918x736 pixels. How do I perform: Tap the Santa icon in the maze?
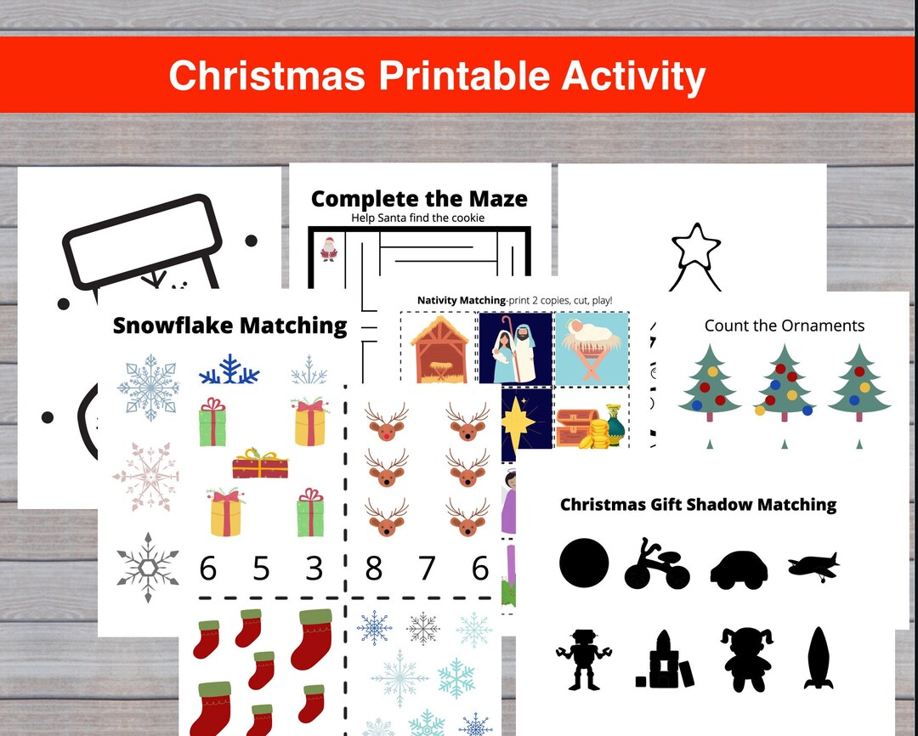pyautogui.click(x=328, y=248)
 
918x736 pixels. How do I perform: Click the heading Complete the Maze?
pyautogui.click(x=419, y=199)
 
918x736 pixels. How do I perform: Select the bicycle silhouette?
pyautogui.click(x=656, y=563)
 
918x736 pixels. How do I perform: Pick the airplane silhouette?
pyautogui.click(x=813, y=565)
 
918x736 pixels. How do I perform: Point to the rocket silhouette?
pyautogui.click(x=819, y=658)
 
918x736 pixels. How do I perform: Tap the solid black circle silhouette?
pyautogui.click(x=584, y=563)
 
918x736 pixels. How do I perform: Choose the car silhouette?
pyautogui.click(x=739, y=569)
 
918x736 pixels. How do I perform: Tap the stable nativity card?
pyautogui.click(x=439, y=347)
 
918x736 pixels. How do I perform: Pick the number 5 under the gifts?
pyautogui.click(x=261, y=569)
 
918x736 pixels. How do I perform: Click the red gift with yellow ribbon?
pyautogui.click(x=260, y=464)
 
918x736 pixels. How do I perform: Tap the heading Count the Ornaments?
pyautogui.click(x=784, y=326)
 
